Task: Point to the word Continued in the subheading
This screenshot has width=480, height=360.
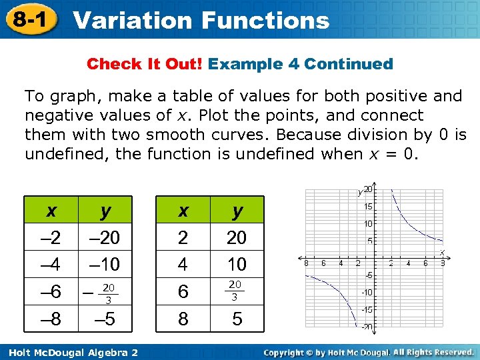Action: (349, 64)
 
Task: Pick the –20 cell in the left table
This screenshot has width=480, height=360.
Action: (105, 237)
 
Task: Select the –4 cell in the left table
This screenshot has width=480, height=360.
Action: (51, 265)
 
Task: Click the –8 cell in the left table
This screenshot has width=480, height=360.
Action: (51, 319)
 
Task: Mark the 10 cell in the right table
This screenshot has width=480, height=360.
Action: (237, 265)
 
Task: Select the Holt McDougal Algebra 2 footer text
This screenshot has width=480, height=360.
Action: (70, 351)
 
